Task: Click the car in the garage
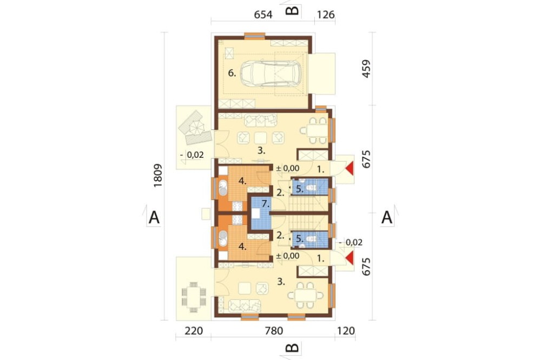click(x=270, y=74)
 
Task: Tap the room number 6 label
click(x=232, y=73)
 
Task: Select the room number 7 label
click(x=265, y=204)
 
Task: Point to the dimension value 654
click(x=263, y=15)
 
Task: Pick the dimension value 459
click(x=366, y=69)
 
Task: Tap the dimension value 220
click(x=193, y=331)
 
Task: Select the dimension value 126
click(x=325, y=15)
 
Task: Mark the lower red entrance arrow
click(x=350, y=258)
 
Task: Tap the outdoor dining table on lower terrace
click(x=194, y=297)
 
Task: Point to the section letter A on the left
click(x=154, y=218)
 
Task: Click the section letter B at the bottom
click(x=293, y=348)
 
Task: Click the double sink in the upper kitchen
click(x=222, y=189)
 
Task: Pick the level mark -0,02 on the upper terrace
click(x=192, y=155)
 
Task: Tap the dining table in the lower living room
click(x=306, y=296)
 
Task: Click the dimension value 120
click(x=345, y=331)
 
